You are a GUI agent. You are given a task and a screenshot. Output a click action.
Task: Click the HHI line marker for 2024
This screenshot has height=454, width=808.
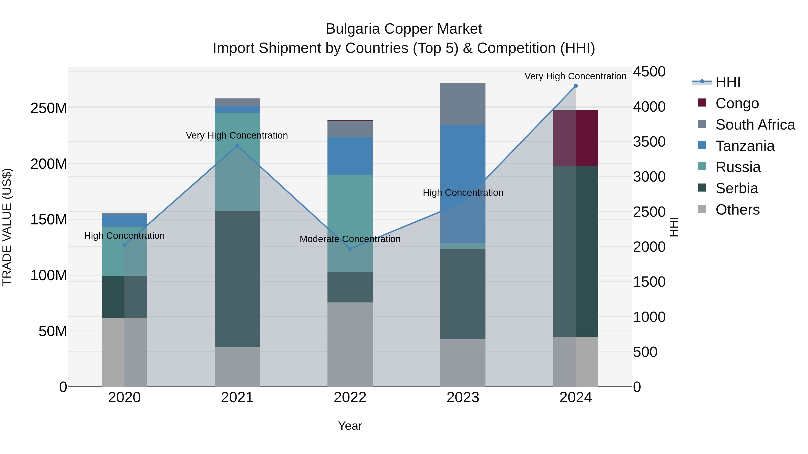pos(575,86)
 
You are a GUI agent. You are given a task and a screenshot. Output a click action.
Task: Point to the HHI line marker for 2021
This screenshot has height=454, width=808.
pos(237,146)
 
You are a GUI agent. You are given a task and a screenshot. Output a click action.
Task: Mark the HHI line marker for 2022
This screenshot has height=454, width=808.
pos(350,249)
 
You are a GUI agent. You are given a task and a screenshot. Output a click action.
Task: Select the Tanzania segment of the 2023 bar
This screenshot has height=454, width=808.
pos(463,184)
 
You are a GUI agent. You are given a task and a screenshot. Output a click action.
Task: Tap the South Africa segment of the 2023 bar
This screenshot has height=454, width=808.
pos(463,104)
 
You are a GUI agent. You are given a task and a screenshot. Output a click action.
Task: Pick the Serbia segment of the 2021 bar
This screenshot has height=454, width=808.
pos(237,279)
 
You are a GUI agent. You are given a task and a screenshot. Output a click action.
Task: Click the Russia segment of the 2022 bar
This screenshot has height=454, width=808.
pos(350,223)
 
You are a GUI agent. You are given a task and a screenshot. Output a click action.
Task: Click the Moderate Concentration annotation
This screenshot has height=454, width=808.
pos(350,239)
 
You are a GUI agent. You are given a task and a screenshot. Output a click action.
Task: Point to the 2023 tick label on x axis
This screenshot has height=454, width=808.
pos(463,398)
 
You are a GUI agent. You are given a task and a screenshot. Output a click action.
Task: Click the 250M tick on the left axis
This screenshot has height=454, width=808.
pos(49,109)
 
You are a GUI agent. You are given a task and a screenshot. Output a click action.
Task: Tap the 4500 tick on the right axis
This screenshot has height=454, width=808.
pos(649,72)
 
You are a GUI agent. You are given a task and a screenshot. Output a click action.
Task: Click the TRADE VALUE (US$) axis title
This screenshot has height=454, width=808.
pos(7,227)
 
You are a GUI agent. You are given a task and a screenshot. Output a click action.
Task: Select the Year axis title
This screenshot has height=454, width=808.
pos(350,426)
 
